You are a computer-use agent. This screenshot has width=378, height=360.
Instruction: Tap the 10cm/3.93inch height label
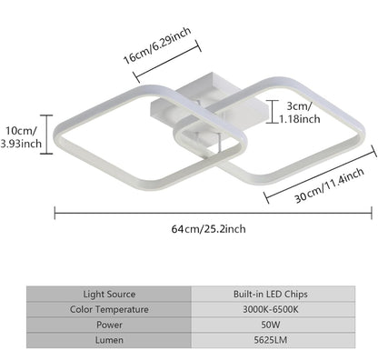[x=21, y=137]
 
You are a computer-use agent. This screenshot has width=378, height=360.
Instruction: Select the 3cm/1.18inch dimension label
[x=299, y=113]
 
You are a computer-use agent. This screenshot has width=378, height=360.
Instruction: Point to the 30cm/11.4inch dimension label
[x=329, y=185]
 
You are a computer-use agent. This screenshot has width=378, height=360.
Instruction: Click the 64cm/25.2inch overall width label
[x=209, y=229]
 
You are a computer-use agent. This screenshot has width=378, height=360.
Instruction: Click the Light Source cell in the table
[x=109, y=294]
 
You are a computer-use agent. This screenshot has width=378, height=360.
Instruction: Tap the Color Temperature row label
[x=109, y=309]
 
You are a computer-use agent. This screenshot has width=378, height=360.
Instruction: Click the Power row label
[x=109, y=325]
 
